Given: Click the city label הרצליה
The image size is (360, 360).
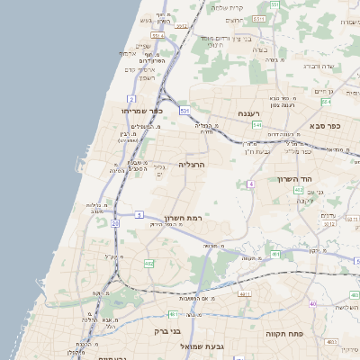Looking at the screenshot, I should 192,166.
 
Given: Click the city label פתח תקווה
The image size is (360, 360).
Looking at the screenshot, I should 282,333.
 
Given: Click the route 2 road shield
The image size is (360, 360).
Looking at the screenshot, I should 132,98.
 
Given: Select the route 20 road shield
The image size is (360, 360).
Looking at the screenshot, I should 115,222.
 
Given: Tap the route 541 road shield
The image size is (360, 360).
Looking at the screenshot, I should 256,125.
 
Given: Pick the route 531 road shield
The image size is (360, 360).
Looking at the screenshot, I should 184,110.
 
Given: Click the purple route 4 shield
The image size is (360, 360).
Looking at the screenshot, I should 251,184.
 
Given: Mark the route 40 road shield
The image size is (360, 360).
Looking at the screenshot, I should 313,305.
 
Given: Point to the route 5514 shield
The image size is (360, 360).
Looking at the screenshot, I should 157,36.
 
